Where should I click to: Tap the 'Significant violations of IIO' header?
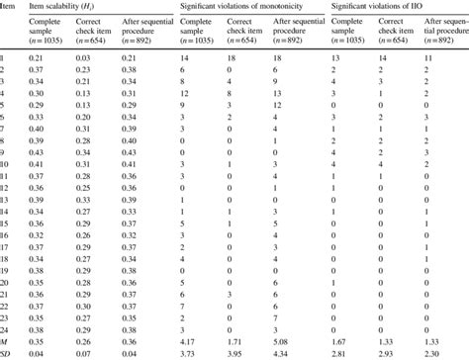pos(380,8)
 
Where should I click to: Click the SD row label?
pos(6,353)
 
